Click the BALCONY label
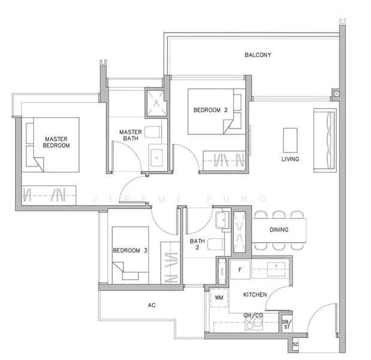[x=258, y=55]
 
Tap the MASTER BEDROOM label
[x=56, y=142]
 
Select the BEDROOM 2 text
[x=210, y=110]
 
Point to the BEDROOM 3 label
[x=130, y=250]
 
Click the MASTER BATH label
[x=131, y=135]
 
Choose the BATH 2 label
[x=197, y=244]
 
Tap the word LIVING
[x=290, y=159]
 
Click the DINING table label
[x=279, y=229]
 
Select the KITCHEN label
[x=255, y=295]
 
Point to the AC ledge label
[x=152, y=305]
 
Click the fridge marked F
[x=240, y=270]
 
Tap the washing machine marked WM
[x=219, y=298]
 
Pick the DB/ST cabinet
[x=286, y=324]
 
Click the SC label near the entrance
[x=295, y=344]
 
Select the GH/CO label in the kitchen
[x=253, y=315]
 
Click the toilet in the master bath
[x=153, y=132]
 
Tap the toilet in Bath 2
[x=216, y=244]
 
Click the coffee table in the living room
[x=290, y=140]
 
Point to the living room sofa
[x=325, y=140]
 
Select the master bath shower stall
[x=156, y=103]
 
